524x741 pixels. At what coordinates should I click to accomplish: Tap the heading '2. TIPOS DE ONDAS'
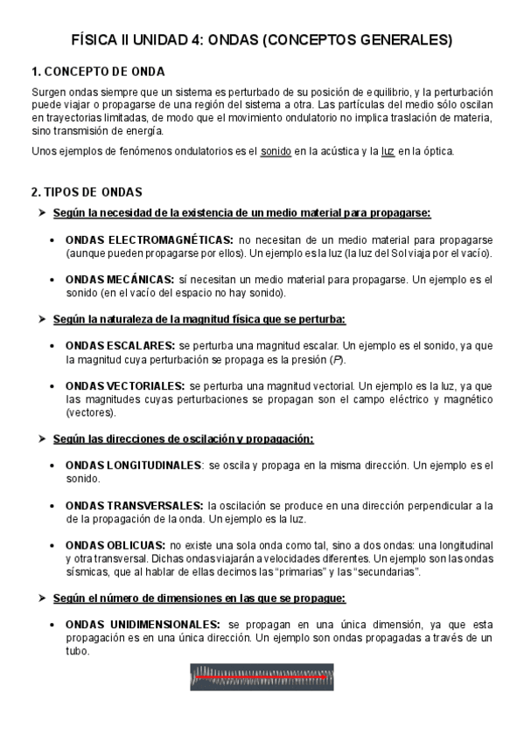coord(87,191)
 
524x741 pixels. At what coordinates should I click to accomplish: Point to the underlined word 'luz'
coord(388,151)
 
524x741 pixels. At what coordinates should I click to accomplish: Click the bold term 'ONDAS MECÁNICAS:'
coord(119,280)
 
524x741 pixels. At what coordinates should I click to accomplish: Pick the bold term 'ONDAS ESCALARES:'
coord(120,345)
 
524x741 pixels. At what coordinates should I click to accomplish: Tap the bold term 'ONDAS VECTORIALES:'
coord(125,385)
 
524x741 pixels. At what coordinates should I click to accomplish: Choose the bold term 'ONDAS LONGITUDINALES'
coord(133,466)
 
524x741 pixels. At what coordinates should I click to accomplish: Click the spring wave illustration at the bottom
coord(262,676)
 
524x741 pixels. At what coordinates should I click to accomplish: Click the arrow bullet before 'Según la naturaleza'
coord(40,319)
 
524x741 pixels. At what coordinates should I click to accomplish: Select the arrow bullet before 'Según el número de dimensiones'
coord(40,599)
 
